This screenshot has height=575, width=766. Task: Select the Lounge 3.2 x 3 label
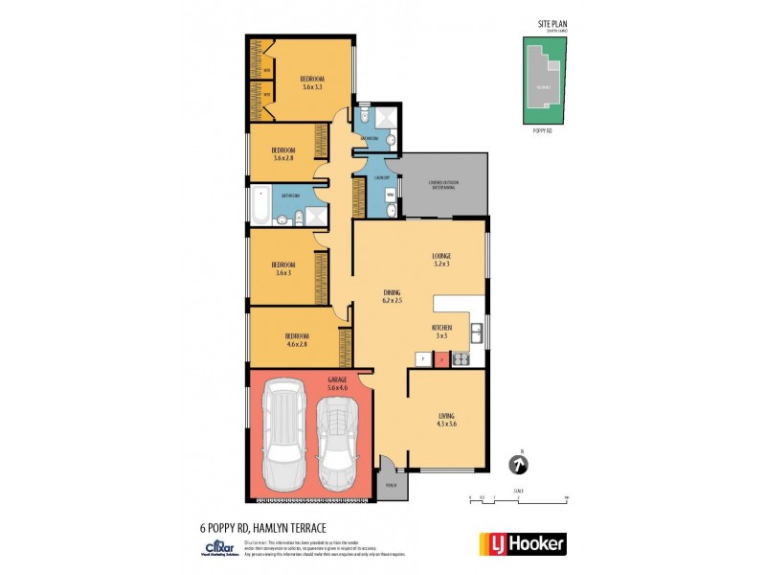(440, 259)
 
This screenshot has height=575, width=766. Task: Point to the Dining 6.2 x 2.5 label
(391, 297)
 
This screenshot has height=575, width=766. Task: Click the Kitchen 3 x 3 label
(440, 333)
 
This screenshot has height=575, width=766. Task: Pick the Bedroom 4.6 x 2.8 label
(297, 339)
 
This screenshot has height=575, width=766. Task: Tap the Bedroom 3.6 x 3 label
(282, 268)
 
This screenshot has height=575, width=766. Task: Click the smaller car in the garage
(337, 443)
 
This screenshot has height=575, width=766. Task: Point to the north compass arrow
(519, 464)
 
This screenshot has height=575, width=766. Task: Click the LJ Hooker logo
(521, 543)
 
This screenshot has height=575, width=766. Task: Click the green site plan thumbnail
(548, 80)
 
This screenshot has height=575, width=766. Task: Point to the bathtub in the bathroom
(260, 203)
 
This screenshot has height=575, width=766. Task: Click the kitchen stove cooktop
(459, 359)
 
